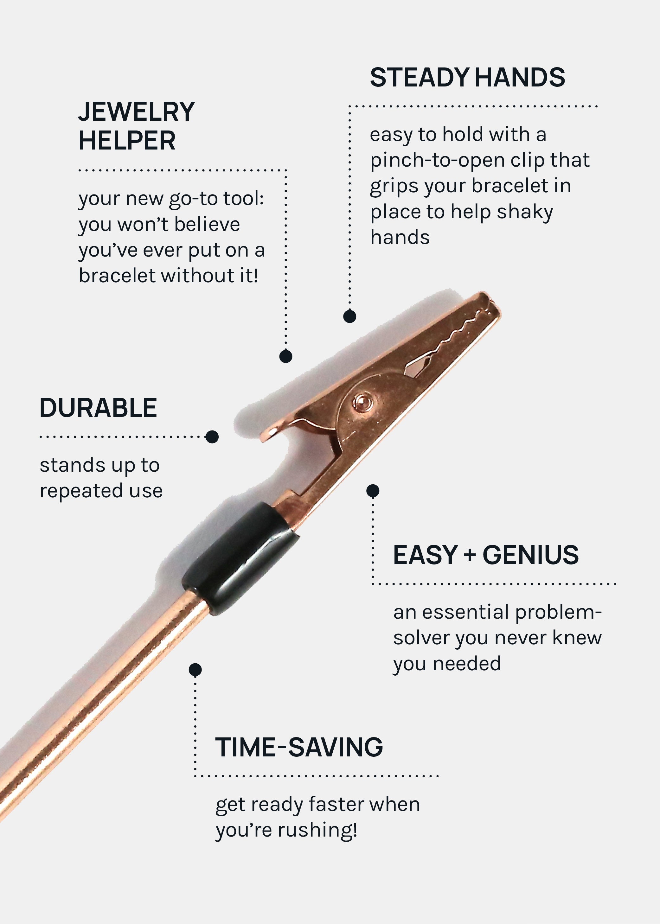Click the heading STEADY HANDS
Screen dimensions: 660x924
click(467, 77)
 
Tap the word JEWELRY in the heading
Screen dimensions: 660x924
click(137, 112)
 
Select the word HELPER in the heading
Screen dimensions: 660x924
click(127, 141)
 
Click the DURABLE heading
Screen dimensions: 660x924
click(98, 408)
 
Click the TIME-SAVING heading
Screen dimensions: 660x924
click(299, 747)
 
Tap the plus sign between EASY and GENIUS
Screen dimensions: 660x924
click(470, 556)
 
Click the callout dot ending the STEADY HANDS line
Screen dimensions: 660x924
click(349, 316)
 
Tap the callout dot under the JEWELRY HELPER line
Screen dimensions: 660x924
click(286, 356)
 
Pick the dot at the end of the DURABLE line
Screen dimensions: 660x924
click(212, 437)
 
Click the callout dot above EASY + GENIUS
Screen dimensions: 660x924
click(373, 491)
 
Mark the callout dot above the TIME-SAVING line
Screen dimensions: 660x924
click(195, 670)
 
